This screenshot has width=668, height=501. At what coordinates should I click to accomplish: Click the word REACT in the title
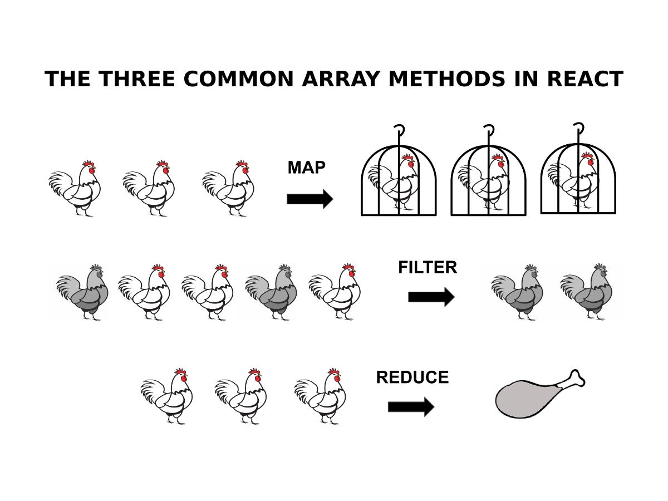click(585, 79)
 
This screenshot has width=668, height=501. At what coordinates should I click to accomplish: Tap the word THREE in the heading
click(136, 79)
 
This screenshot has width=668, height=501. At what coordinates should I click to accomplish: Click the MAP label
click(307, 168)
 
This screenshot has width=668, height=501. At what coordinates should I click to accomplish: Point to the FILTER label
click(428, 267)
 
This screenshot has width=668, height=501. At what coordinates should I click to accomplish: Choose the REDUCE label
click(412, 377)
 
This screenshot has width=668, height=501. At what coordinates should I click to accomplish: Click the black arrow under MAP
click(310, 199)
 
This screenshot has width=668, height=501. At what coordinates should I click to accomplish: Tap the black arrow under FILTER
click(431, 297)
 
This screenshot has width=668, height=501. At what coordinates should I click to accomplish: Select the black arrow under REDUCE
click(411, 407)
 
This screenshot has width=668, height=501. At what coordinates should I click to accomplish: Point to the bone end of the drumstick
click(576, 379)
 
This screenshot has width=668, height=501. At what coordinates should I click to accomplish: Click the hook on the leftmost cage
click(400, 129)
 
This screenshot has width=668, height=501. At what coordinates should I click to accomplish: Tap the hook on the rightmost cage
click(579, 127)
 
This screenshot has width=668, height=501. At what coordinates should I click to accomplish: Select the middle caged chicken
click(483, 183)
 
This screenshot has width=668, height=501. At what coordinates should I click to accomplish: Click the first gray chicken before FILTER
click(82, 292)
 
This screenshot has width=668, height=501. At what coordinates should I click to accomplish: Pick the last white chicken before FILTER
click(335, 292)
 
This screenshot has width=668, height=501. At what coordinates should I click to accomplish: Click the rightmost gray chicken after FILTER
click(586, 292)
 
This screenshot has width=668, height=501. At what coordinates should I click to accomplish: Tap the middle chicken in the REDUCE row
click(240, 396)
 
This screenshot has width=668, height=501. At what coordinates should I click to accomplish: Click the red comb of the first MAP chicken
click(89, 164)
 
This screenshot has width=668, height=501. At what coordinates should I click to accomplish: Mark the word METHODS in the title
click(447, 79)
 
